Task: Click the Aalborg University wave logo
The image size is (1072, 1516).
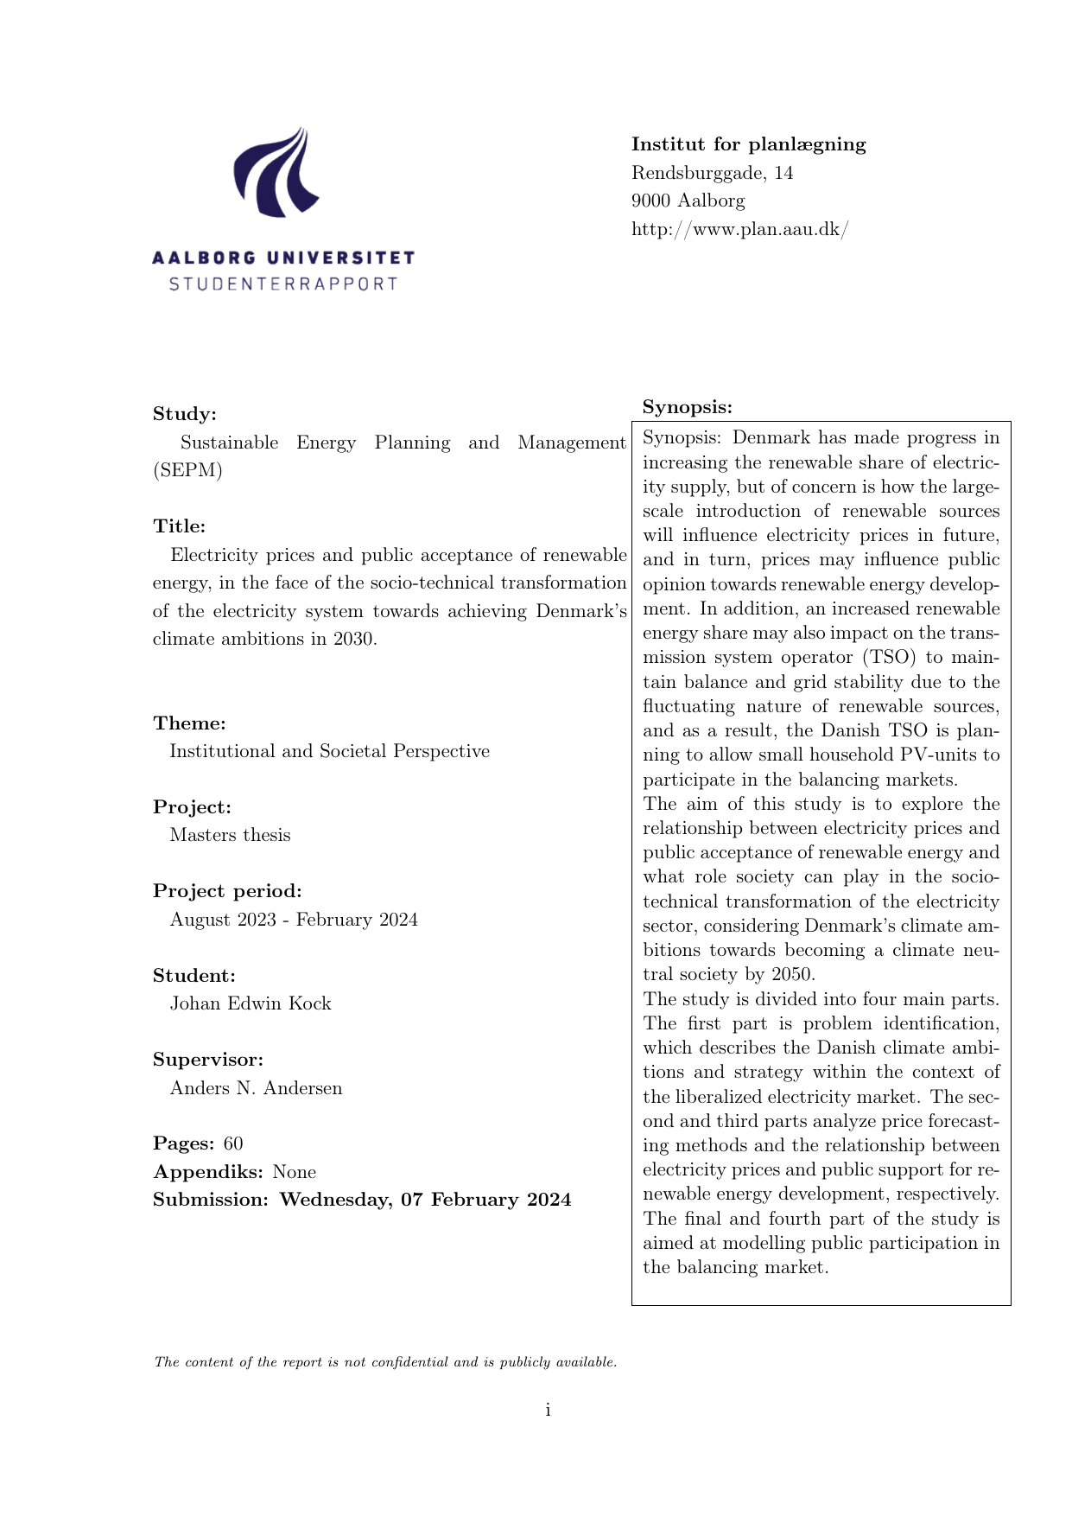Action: tap(276, 173)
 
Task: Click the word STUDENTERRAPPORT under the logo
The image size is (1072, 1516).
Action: tap(283, 284)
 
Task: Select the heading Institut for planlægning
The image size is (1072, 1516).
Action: tap(748, 144)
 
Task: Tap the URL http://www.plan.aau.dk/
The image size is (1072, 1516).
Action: tap(739, 229)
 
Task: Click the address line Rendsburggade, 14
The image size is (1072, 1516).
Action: tap(712, 173)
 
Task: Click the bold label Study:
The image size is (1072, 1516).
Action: tap(184, 414)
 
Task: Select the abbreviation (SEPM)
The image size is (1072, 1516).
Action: tap(187, 471)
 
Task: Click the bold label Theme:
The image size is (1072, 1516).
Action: tap(189, 723)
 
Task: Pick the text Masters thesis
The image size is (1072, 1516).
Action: tap(230, 835)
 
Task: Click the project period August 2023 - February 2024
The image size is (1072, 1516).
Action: tap(294, 920)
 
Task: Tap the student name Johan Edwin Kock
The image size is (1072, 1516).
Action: tap(251, 1003)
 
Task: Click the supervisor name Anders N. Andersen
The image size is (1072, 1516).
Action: tap(256, 1088)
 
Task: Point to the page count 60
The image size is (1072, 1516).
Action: tap(233, 1143)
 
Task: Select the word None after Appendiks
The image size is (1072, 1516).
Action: tap(294, 1172)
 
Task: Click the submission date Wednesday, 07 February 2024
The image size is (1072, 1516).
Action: tap(425, 1200)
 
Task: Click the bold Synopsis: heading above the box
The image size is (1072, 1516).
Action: tap(687, 407)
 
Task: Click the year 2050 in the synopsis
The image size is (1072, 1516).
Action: tap(790, 974)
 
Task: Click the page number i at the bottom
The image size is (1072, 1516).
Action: tap(548, 1411)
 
